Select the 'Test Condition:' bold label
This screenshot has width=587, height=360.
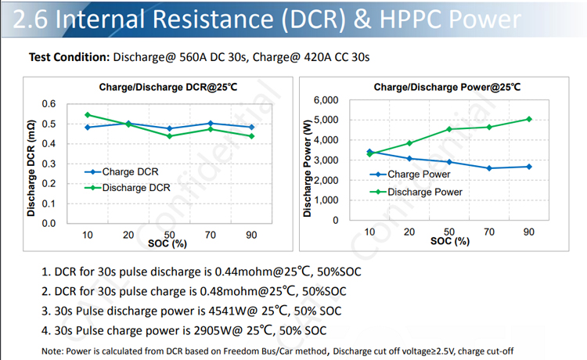coord(69,57)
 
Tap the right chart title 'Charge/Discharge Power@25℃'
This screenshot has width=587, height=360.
coord(447,87)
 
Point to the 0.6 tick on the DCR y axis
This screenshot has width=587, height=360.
coord(49,104)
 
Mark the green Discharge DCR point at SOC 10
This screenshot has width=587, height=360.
coord(87,114)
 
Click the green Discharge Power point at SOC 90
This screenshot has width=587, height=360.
coord(529,119)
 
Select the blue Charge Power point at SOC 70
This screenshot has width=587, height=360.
coord(489,168)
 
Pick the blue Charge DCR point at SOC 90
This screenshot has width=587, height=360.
coord(251,127)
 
